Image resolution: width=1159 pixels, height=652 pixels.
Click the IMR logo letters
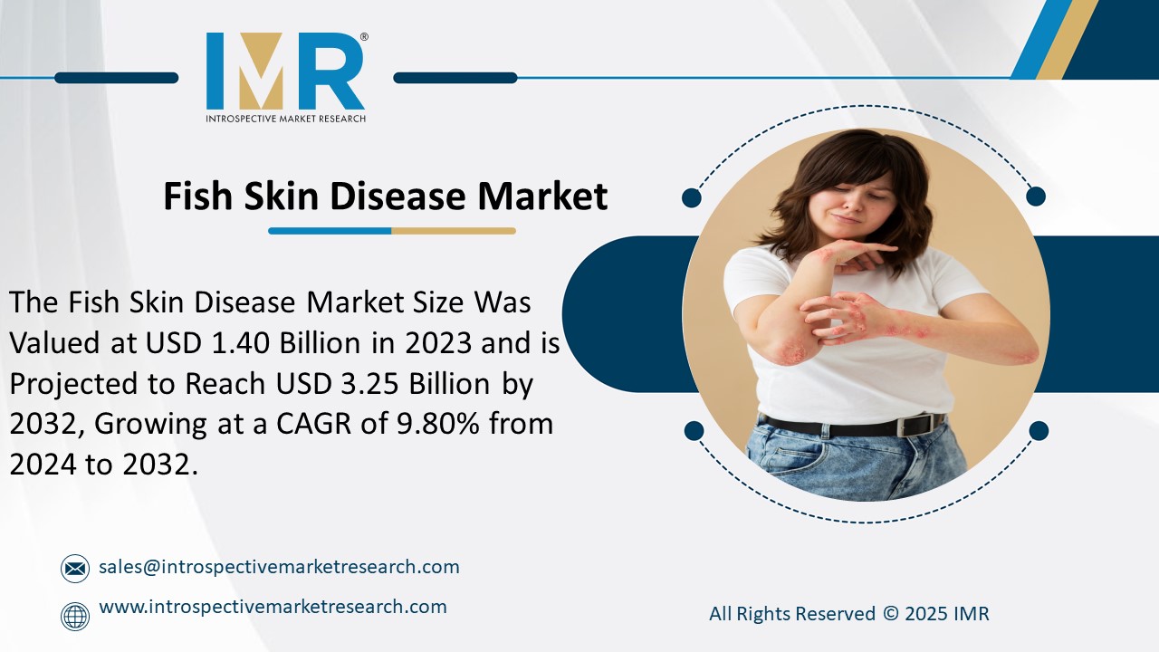(x=285, y=72)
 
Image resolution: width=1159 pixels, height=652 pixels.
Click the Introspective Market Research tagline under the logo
(x=285, y=119)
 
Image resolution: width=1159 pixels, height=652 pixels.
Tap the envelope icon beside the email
(x=75, y=569)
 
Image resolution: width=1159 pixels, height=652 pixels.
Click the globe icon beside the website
(x=75, y=616)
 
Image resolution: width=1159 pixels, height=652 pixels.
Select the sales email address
(x=279, y=567)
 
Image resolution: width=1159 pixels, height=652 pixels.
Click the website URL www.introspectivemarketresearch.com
(x=273, y=607)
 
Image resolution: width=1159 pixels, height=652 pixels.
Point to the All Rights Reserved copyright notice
(x=848, y=613)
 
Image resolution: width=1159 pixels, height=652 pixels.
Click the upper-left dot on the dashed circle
(x=692, y=197)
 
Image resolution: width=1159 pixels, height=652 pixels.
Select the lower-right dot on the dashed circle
(x=1039, y=431)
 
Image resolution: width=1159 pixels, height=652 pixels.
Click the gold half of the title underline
(x=454, y=231)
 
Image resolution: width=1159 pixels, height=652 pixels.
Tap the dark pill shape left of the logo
(x=116, y=78)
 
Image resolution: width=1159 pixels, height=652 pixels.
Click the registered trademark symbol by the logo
(x=364, y=37)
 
